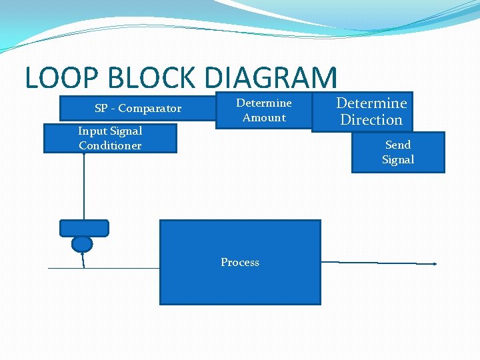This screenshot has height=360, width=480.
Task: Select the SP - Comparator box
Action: pos(138,108)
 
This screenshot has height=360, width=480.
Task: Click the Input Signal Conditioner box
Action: pos(110,139)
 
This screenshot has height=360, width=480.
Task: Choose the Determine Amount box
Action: pos(264,110)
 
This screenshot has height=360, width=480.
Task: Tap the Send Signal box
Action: pos(398,152)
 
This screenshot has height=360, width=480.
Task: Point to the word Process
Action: pos(240,262)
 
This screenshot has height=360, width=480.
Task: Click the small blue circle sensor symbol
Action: pos(82,244)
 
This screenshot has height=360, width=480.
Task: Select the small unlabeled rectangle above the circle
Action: pos(84,228)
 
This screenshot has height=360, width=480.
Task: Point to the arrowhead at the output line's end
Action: pos(435,264)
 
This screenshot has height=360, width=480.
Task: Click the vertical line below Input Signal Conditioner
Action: pos(84,187)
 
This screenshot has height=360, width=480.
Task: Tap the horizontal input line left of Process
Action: pos(120,268)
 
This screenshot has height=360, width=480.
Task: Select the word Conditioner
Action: pos(110,145)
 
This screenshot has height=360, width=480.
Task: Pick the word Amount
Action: pos(264,117)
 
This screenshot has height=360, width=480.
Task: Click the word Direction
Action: pos(371,120)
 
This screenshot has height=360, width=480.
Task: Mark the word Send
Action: pos(398,145)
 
